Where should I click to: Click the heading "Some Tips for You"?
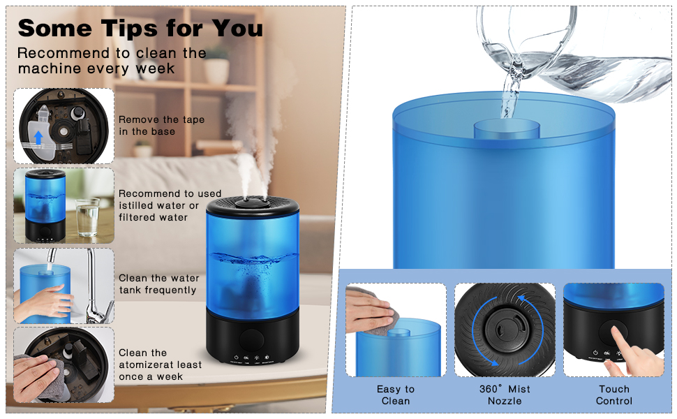(140, 28)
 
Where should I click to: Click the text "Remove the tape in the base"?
(161, 126)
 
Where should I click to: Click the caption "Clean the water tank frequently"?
(158, 284)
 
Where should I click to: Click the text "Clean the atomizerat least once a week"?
(160, 365)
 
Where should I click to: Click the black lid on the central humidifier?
(253, 203)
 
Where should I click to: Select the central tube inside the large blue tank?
(507, 129)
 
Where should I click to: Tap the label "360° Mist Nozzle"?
(505, 395)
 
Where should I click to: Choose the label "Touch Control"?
(613, 395)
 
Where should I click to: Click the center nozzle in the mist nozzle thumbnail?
(504, 326)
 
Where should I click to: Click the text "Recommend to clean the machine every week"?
(112, 61)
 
